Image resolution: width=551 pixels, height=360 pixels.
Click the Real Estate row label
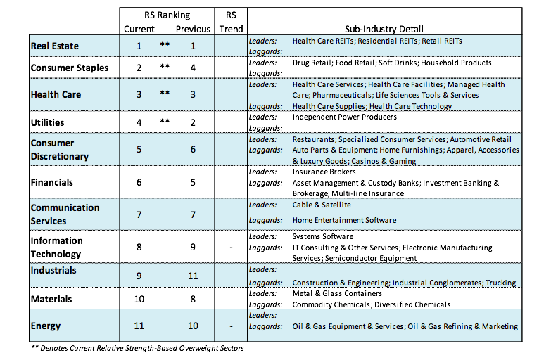tap(54, 46)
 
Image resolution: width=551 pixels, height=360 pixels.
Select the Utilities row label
tap(47, 122)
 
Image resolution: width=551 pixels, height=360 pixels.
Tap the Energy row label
tap(45, 326)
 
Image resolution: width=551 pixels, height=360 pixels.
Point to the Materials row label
tap(51, 299)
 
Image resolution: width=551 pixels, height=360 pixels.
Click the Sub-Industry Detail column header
tap(384, 29)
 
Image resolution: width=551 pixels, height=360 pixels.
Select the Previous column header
tap(193, 29)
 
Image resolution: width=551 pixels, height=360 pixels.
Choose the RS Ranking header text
tap(167, 15)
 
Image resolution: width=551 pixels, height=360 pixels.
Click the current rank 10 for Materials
tap(139, 299)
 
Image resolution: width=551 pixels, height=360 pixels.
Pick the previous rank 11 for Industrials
tap(193, 276)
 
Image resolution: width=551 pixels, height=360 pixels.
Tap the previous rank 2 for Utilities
tap(193, 122)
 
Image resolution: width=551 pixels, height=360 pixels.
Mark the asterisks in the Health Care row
tap(165, 93)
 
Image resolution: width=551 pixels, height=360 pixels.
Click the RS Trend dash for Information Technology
tap(231, 247)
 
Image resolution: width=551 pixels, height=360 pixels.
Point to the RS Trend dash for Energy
tap(231, 326)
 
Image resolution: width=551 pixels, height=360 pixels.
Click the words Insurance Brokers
tap(324, 172)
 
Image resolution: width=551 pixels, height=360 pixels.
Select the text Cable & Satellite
tap(322, 205)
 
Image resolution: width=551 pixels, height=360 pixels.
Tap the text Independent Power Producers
tap(344, 117)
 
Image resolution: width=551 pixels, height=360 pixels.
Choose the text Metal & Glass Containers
tap(337, 293)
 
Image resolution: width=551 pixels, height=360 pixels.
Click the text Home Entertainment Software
tap(344, 220)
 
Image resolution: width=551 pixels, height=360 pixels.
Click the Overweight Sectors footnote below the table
tap(137, 348)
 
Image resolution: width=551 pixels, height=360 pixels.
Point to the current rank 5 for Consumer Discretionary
tap(139, 149)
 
